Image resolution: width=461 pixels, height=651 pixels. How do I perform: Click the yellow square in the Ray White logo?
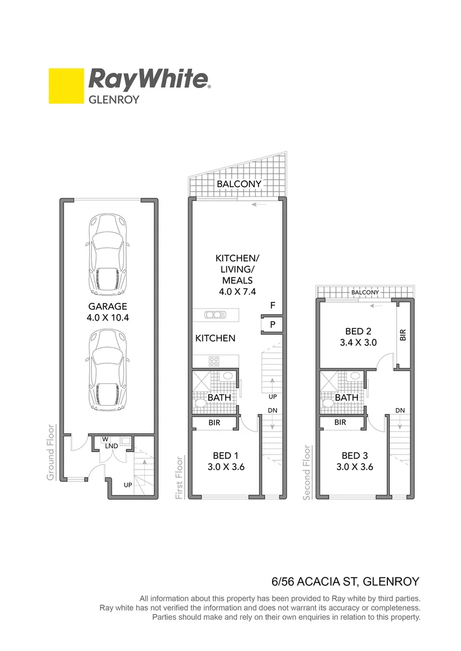pyautogui.click(x=66, y=86)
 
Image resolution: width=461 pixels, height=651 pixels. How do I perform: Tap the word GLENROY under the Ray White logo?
pyautogui.click(x=114, y=99)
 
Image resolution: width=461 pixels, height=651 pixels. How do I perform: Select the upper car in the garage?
pyautogui.click(x=109, y=253)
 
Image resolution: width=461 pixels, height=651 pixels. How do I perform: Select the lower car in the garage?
pyautogui.click(x=109, y=368)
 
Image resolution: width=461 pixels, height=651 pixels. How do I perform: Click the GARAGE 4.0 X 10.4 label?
pyautogui.click(x=108, y=312)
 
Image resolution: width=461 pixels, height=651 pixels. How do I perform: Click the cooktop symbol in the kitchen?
pyautogui.click(x=214, y=361)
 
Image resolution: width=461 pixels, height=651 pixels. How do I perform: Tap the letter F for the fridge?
pyautogui.click(x=273, y=306)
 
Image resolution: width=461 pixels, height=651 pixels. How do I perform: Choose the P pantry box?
pyautogui.click(x=273, y=324)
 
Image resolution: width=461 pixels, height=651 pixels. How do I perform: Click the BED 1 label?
pyautogui.click(x=224, y=461)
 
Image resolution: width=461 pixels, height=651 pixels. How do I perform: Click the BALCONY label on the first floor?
pyautogui.click(x=239, y=184)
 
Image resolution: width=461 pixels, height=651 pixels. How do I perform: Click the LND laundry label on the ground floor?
pyautogui.click(x=110, y=445)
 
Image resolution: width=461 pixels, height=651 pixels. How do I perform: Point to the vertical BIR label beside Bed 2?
pyautogui.click(x=403, y=335)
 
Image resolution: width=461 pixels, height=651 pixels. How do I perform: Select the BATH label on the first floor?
pyautogui.click(x=219, y=398)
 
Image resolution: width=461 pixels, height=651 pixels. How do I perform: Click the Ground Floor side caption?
pyautogui.click(x=51, y=452)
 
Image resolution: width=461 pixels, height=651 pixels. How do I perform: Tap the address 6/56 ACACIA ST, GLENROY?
pyautogui.click(x=345, y=582)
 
